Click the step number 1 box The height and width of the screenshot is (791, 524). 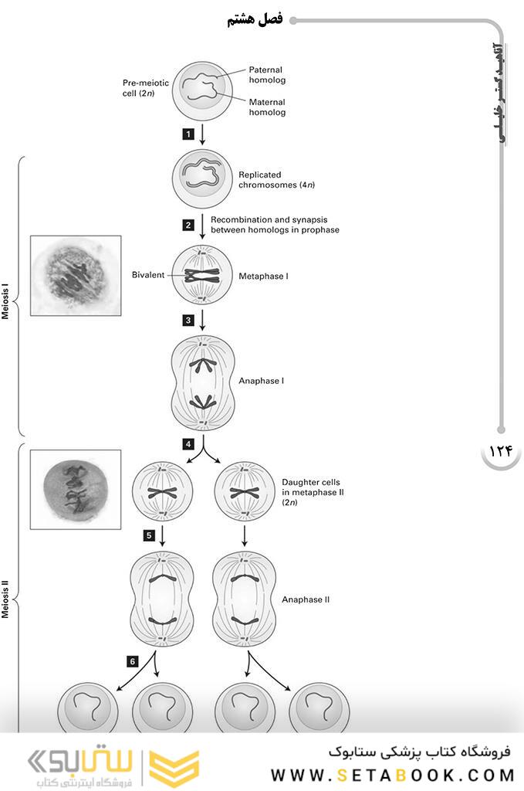pyautogui.click(x=188, y=134)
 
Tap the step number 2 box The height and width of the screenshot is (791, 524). pyautogui.click(x=188, y=225)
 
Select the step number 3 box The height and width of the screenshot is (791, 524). pyautogui.click(x=188, y=319)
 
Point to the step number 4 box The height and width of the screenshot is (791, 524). pyautogui.click(x=188, y=444)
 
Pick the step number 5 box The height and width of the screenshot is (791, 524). pyautogui.click(x=149, y=534)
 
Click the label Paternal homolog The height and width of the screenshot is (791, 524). pyautogui.click(x=267, y=75)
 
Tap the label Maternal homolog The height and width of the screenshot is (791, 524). pyautogui.click(x=267, y=107)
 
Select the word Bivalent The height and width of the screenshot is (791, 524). pyautogui.click(x=147, y=275)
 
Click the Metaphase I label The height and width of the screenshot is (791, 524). pyautogui.click(x=263, y=276)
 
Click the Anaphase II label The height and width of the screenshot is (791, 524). pyautogui.click(x=306, y=599)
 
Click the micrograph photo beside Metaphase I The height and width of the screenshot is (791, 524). pyautogui.click(x=76, y=275)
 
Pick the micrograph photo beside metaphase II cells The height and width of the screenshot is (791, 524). pyautogui.click(x=76, y=490)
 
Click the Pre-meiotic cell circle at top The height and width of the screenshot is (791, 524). pyautogui.click(x=202, y=90)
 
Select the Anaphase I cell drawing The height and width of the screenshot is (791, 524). pyautogui.click(x=202, y=381)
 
